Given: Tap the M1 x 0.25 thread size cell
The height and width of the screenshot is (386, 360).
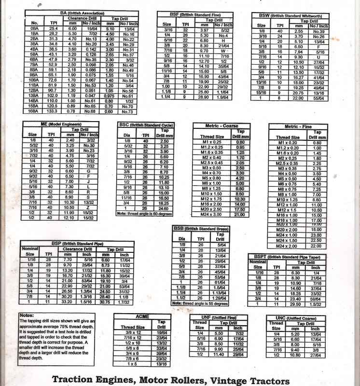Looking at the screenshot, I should click(x=212, y=142).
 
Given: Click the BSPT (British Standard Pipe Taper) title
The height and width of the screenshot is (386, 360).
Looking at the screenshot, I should click(x=290, y=257).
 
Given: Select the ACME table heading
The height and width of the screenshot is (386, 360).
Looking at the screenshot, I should click(x=142, y=316).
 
